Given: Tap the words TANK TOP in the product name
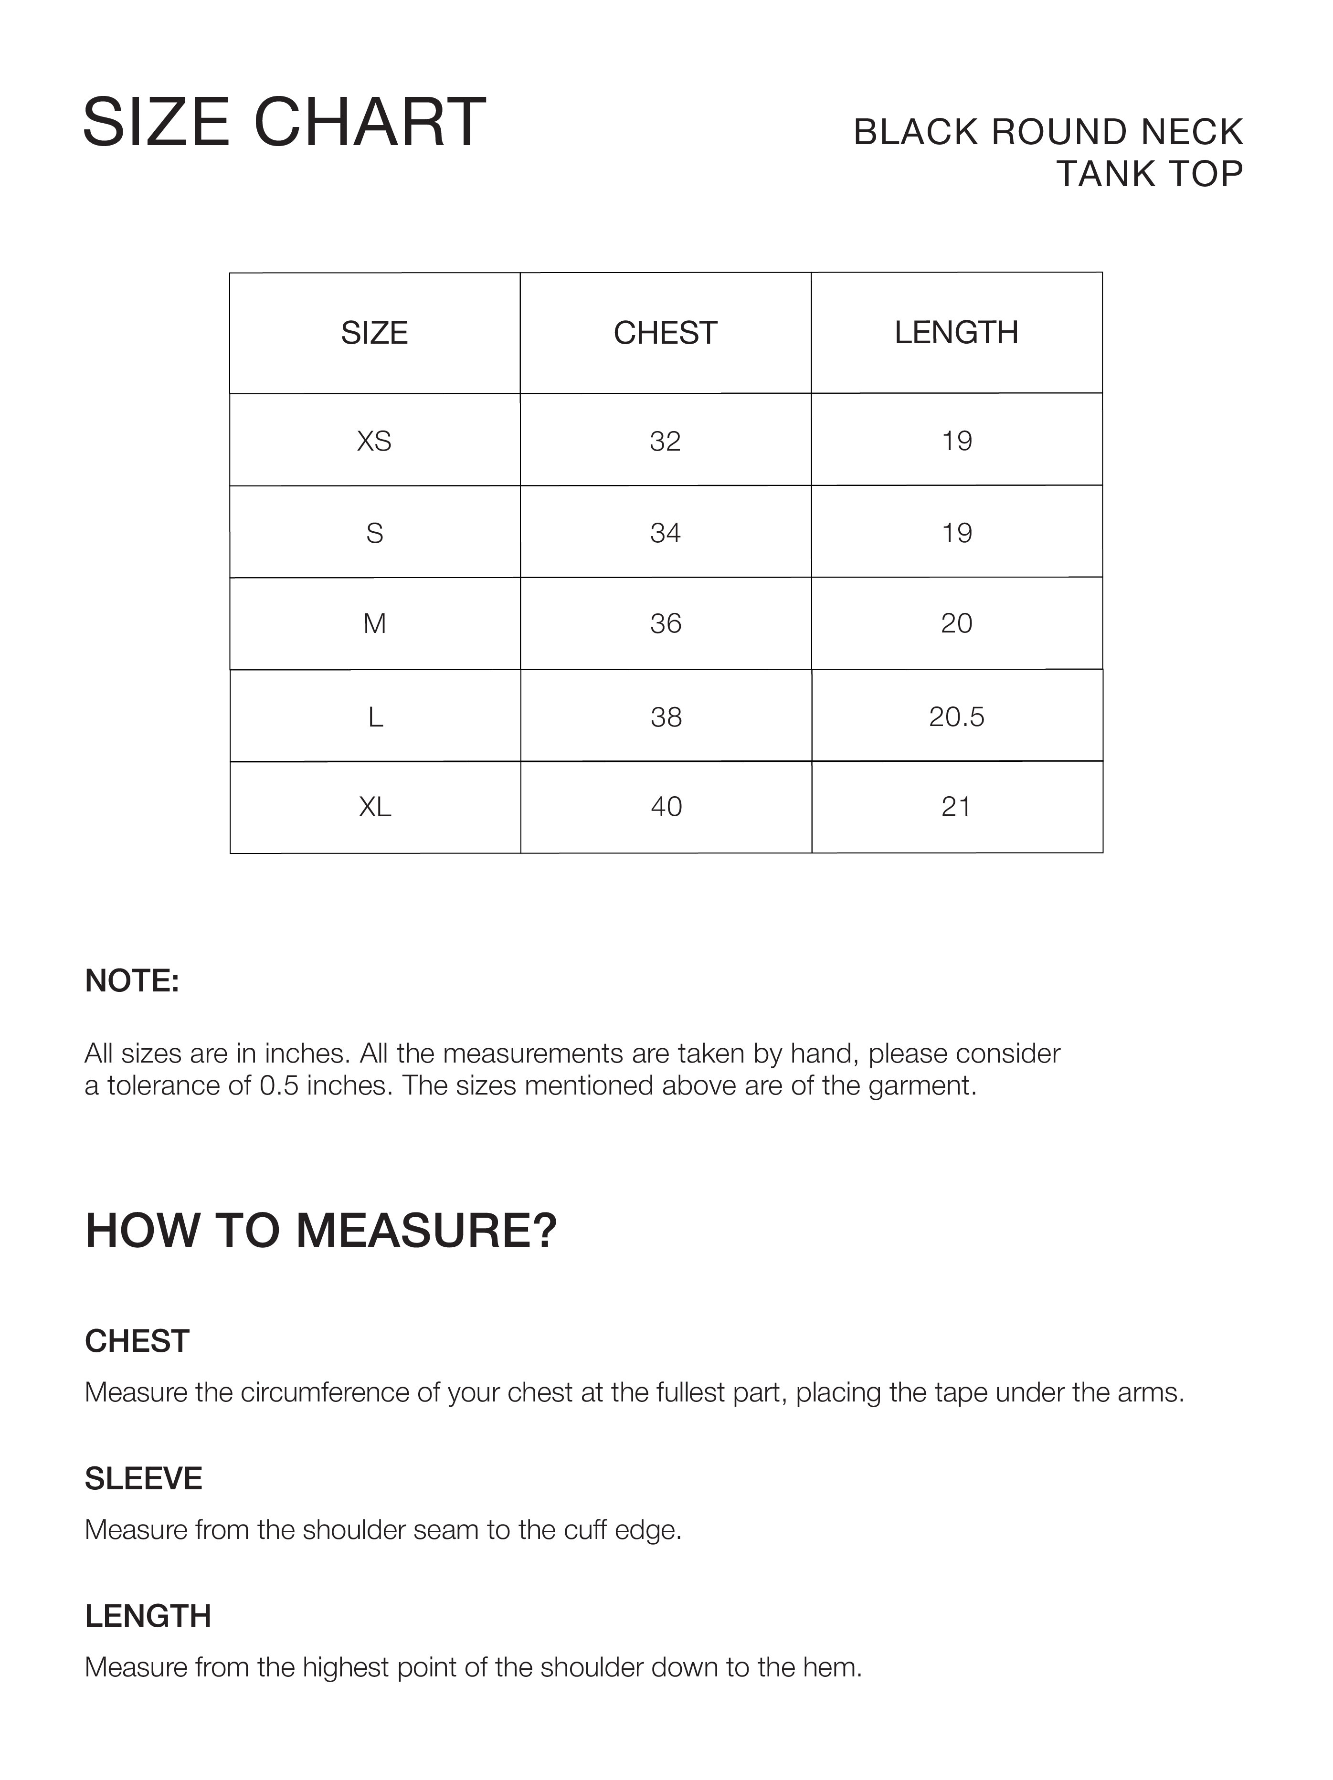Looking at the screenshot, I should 1150,174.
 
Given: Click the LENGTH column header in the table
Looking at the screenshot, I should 956,332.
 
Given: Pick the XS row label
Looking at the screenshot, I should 374,441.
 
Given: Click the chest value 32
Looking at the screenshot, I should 665,441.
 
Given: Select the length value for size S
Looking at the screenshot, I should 956,533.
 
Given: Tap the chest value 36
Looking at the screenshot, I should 666,623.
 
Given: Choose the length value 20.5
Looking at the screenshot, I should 956,716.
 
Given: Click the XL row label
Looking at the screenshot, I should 375,806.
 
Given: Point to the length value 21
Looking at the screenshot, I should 956,806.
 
